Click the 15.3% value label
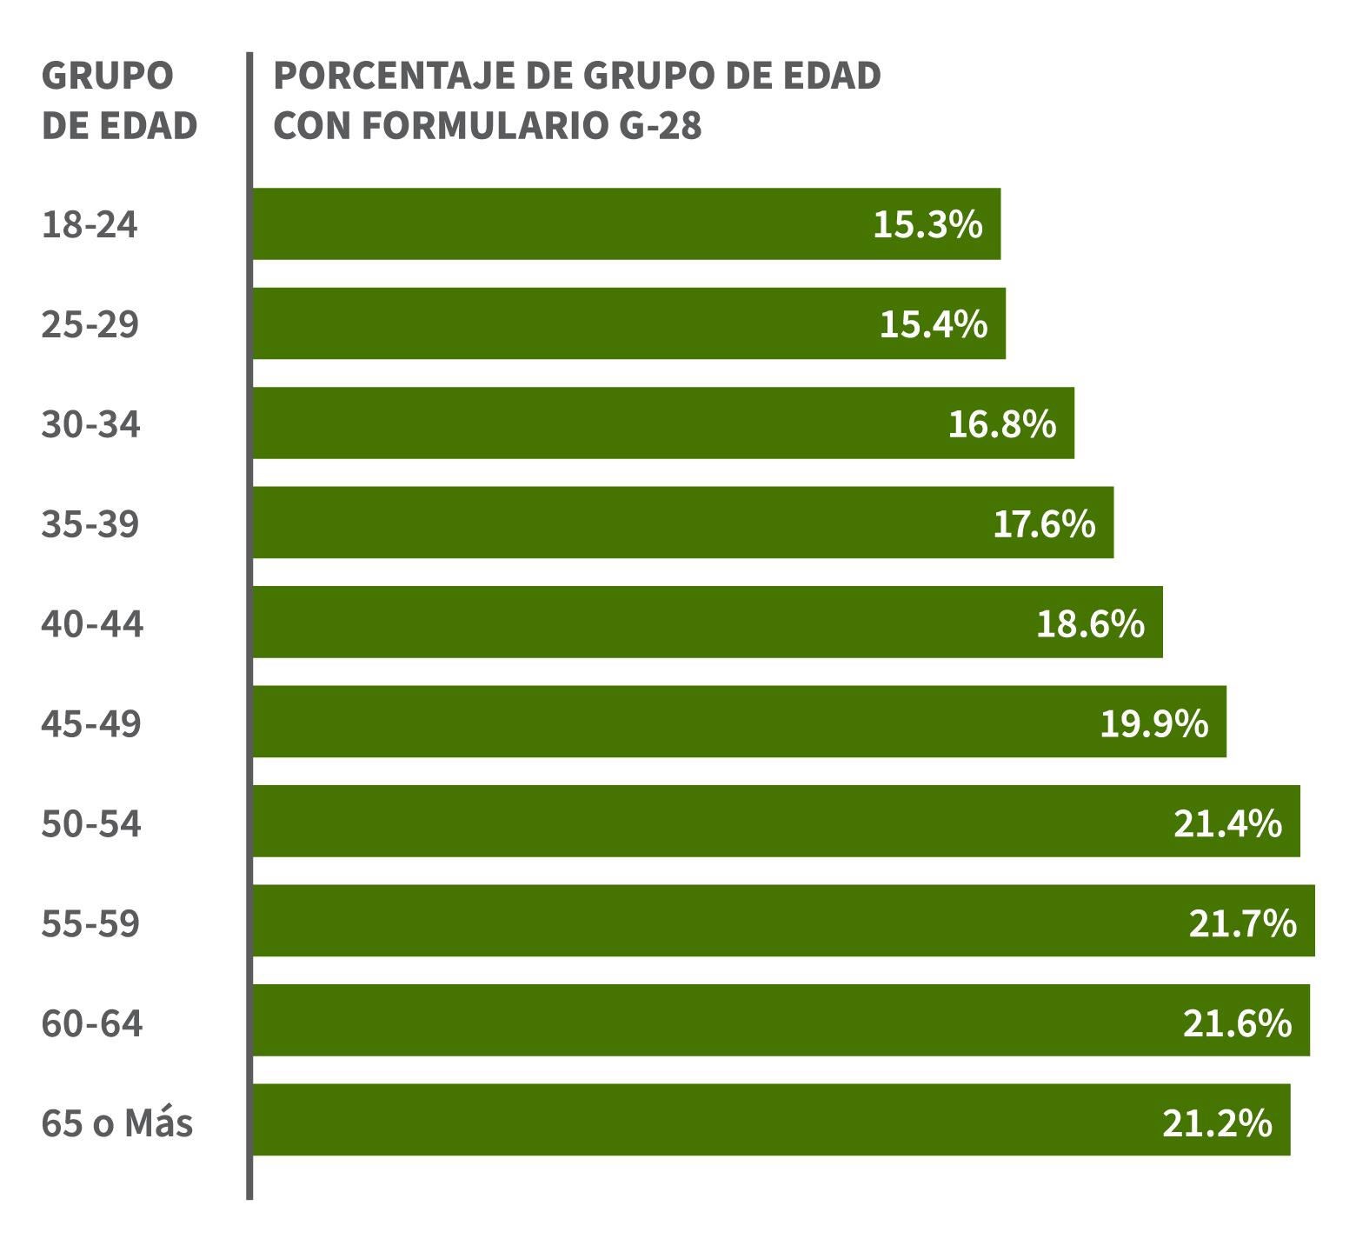coord(927,224)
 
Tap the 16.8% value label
coord(1001,424)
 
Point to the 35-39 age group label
coord(90,524)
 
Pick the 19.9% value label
coord(1153,723)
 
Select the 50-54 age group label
coord(91,823)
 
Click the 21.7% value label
coord(1242,922)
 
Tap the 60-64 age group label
coord(92,1022)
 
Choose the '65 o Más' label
coord(117,1122)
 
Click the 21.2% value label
coord(1217,1123)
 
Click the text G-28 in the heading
coord(661,126)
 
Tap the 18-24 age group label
coord(90,224)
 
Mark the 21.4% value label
coord(1227,823)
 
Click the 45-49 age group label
coord(91,723)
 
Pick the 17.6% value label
coord(1043,524)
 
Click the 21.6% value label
coord(1237,1023)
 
